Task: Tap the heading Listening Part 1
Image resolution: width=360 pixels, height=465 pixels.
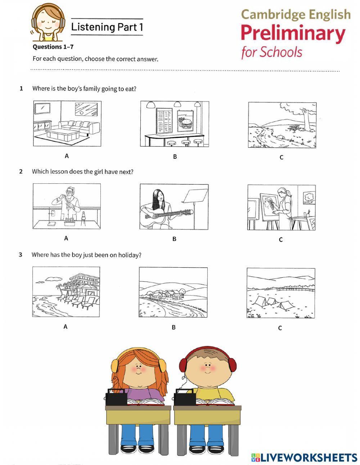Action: coord(107,27)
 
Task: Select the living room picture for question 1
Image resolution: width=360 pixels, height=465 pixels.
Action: coord(67,124)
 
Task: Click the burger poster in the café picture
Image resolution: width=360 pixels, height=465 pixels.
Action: coord(185,121)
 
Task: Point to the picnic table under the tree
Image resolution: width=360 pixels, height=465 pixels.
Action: coord(294,128)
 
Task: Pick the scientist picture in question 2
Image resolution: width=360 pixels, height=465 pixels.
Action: coord(67,206)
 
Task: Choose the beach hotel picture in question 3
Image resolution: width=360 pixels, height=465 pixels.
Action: coord(66,291)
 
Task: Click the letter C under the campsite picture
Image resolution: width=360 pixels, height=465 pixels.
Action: coord(280,328)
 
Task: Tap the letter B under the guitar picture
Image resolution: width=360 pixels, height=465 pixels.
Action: coord(174,239)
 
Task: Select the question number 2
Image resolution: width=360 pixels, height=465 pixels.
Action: coord(21,171)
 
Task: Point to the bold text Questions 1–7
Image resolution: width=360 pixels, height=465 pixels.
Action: coord(53,47)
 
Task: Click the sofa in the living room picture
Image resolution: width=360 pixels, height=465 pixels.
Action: coord(79,127)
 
